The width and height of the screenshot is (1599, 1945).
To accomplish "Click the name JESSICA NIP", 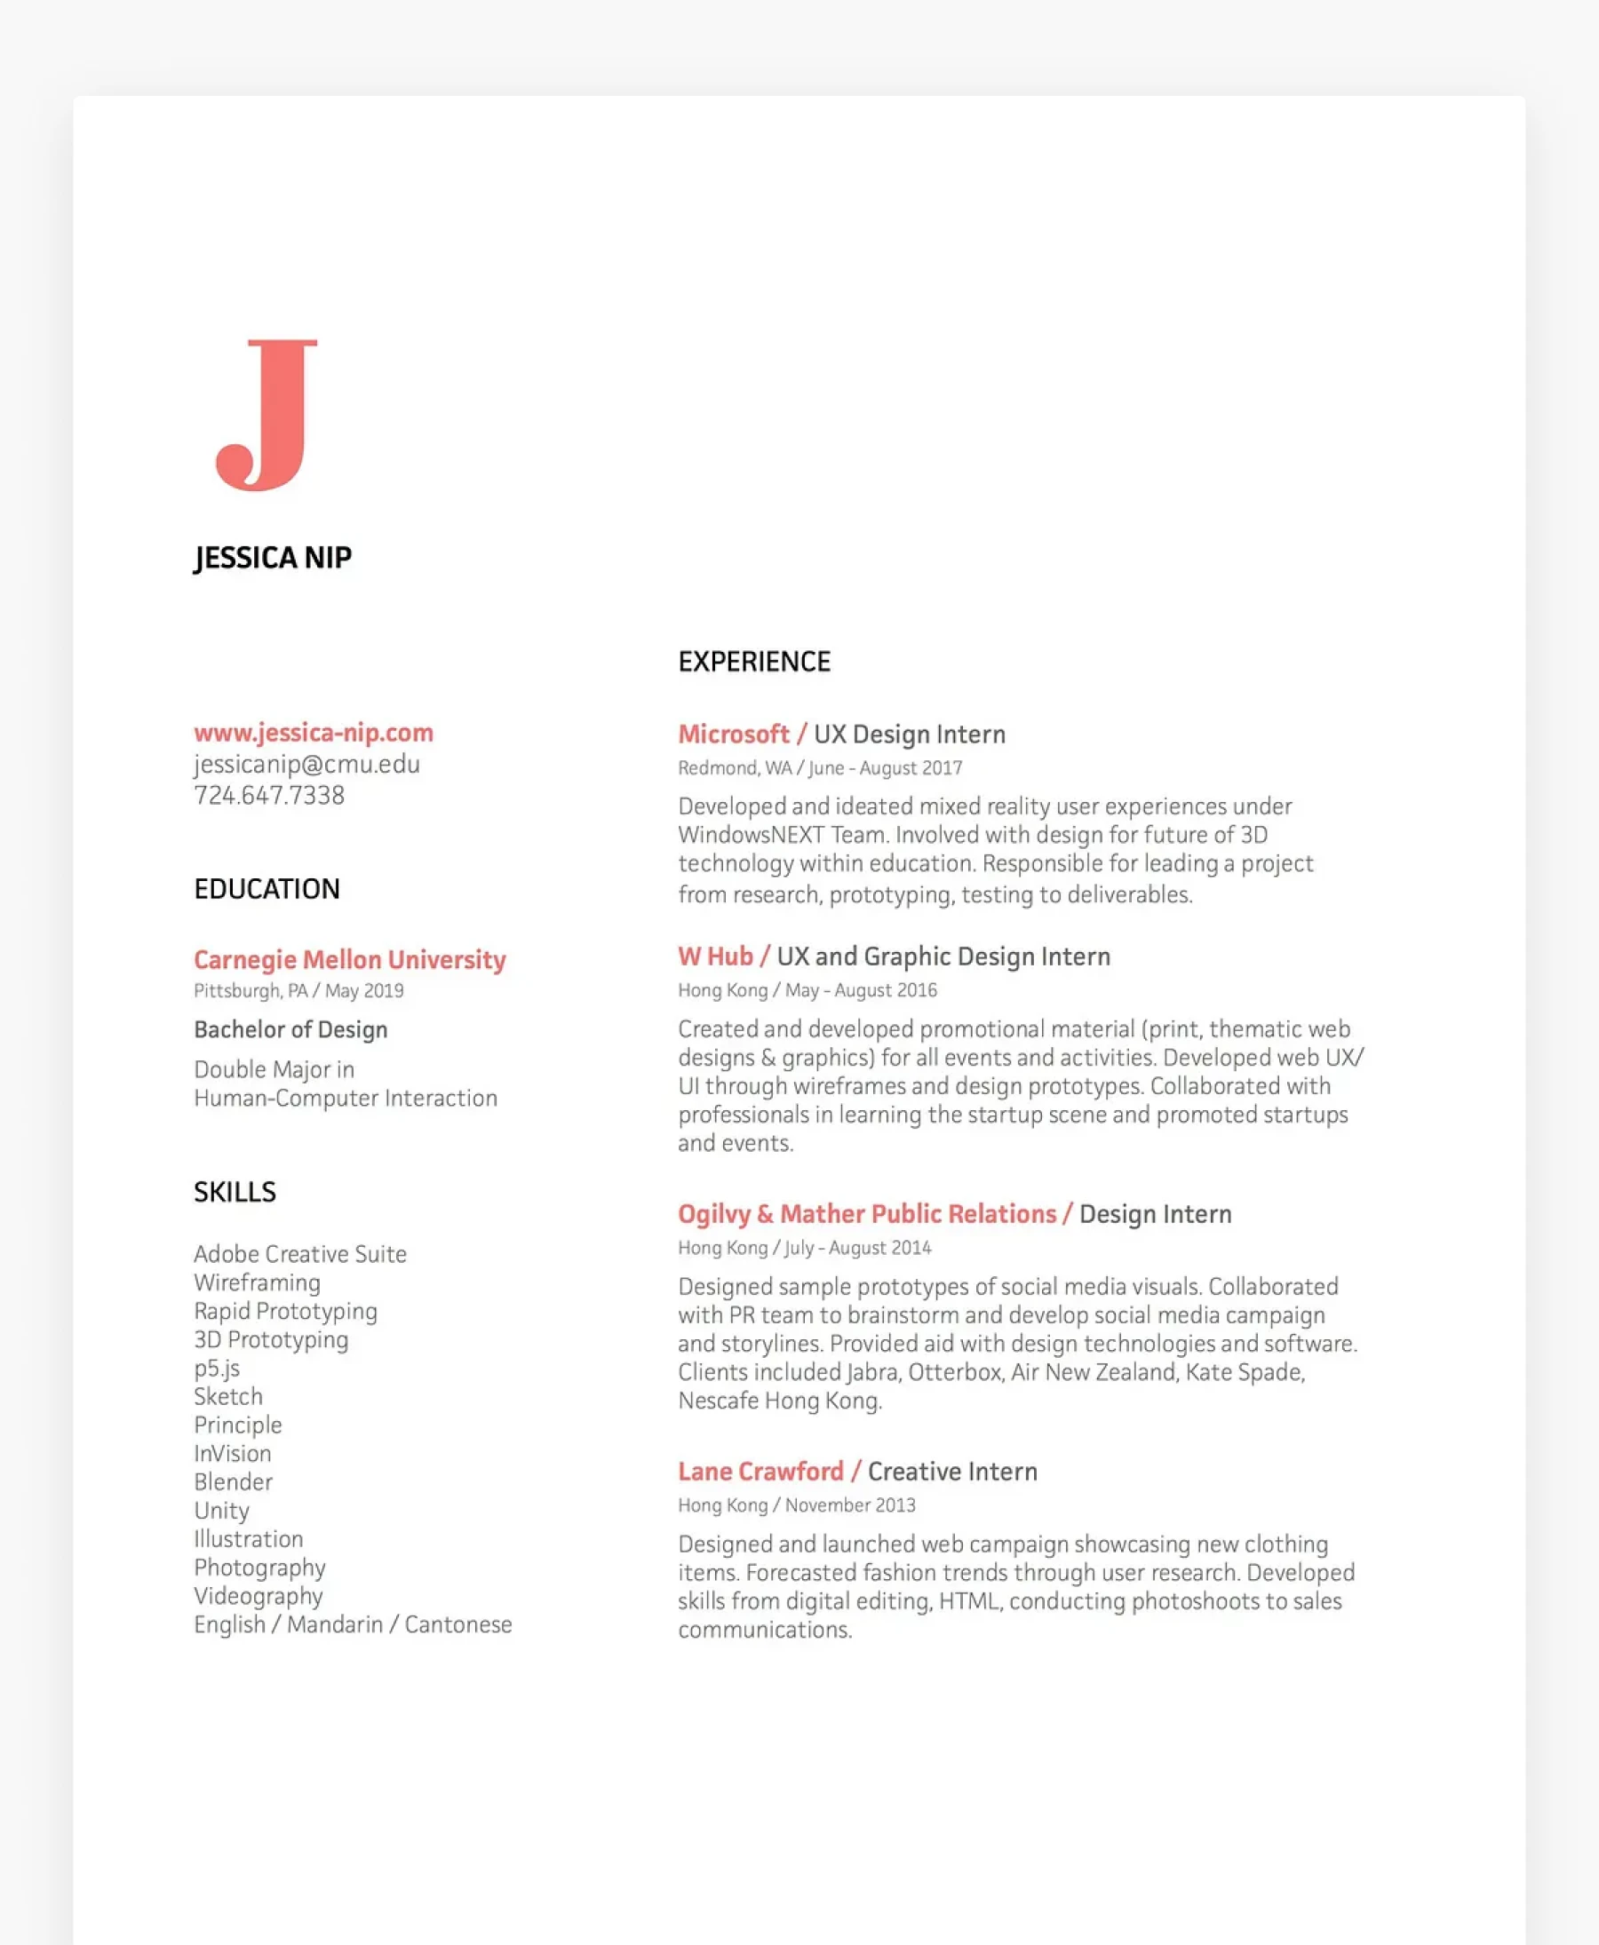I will [273, 558].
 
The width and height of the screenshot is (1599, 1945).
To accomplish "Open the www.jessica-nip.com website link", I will [314, 733].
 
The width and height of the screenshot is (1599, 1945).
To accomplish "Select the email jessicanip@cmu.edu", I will [306, 765].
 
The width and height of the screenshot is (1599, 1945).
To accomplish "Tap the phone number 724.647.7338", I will [269, 796].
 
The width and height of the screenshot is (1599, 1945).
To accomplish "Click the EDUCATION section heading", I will [267, 890].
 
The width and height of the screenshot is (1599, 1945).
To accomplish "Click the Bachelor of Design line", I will [290, 1029].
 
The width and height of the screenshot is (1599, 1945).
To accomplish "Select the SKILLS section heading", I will [235, 1193].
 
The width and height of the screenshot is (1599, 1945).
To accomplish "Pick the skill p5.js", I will [217, 1369].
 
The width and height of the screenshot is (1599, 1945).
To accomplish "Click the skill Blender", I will [233, 1481].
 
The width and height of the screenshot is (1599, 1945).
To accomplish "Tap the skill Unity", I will [221, 1511].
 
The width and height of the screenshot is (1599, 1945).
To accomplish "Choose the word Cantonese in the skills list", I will [457, 1624].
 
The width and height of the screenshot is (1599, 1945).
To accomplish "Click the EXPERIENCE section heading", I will [754, 663].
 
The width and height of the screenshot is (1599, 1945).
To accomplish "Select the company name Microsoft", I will [733, 734].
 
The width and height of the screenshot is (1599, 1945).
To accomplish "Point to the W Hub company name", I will [716, 957].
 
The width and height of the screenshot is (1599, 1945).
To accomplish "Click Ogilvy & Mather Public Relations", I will [867, 1215].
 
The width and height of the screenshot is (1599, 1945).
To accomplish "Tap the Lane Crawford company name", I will [760, 1472].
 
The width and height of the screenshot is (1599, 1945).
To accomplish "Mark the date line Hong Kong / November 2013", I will [797, 1505].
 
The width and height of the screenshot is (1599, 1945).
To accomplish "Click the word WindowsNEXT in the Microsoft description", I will [751, 835].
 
